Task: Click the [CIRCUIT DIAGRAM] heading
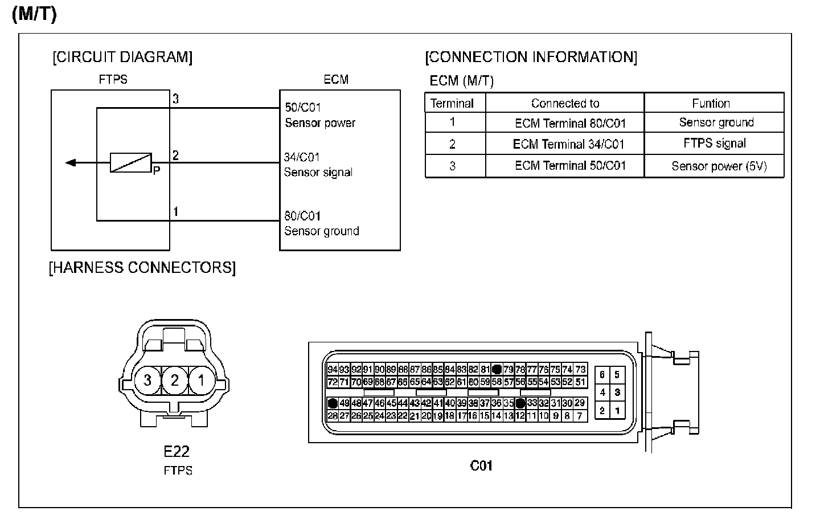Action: [122, 57]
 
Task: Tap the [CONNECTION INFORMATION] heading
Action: [531, 57]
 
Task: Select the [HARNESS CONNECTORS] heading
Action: [142, 268]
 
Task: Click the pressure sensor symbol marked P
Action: [131, 163]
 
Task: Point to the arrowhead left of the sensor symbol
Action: [71, 163]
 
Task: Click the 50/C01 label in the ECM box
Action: [303, 108]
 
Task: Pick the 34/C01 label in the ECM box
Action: [302, 157]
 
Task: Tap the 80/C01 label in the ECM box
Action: [302, 216]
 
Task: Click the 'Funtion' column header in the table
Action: [711, 104]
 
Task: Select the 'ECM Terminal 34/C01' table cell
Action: [568, 144]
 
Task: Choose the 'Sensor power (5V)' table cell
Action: [719, 166]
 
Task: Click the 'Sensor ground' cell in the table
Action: [716, 122]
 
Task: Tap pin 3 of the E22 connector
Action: [147, 379]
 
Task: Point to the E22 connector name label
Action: [177, 451]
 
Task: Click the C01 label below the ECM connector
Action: [481, 465]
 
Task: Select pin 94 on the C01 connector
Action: [333, 369]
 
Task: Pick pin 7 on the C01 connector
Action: [580, 416]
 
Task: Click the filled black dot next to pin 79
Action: [497, 369]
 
